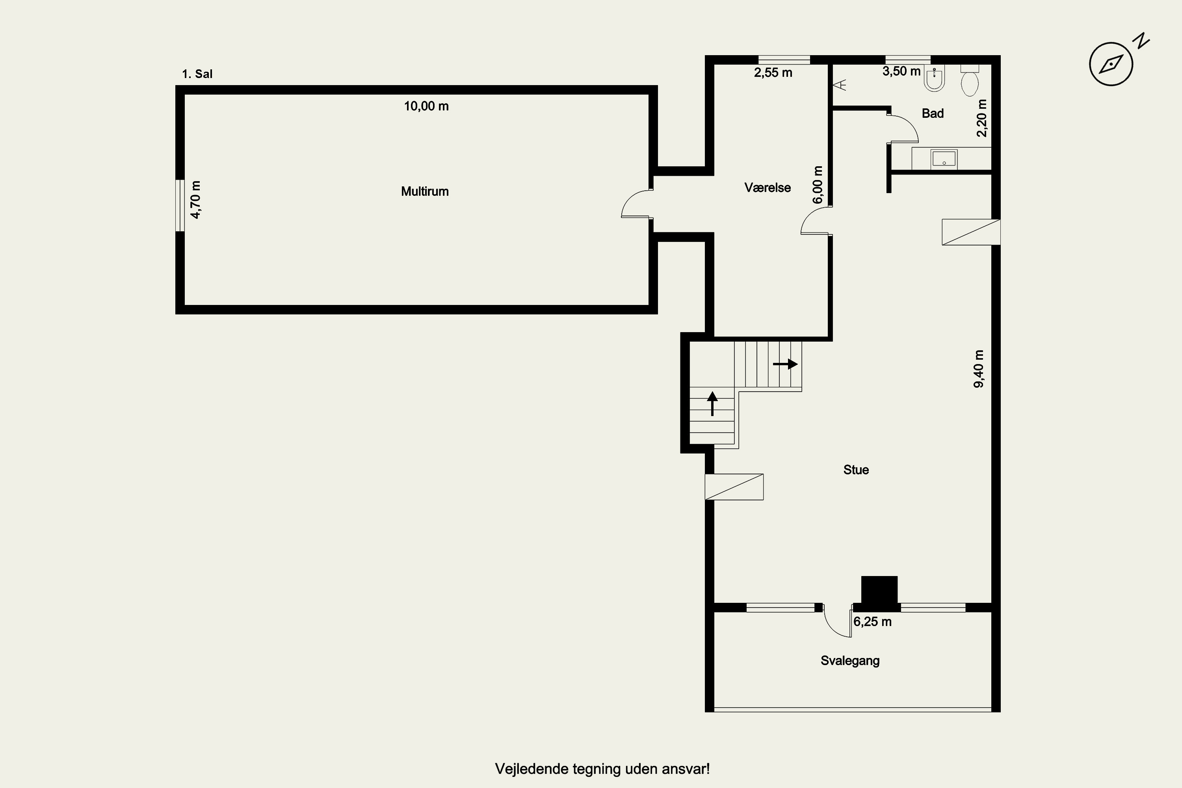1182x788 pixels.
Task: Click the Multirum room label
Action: pos(425,191)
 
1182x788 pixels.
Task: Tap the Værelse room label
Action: pos(768,188)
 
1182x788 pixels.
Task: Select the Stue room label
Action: pos(856,470)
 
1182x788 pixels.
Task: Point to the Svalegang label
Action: pos(850,661)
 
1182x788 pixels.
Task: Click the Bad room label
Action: pos(933,113)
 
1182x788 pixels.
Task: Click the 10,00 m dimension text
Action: pos(426,106)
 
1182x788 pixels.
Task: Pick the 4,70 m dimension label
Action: pos(195,199)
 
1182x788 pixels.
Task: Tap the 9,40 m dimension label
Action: pos(979,369)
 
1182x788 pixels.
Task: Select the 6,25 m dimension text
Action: pos(872,622)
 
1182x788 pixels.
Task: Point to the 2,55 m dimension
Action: pos(773,73)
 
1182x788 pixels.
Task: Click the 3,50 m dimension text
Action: pos(901,71)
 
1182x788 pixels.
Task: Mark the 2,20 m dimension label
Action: pos(981,118)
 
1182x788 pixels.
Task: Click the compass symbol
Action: pos(1111,64)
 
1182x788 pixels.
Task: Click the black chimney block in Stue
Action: pos(879,590)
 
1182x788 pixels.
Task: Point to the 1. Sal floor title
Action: pos(197,74)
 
